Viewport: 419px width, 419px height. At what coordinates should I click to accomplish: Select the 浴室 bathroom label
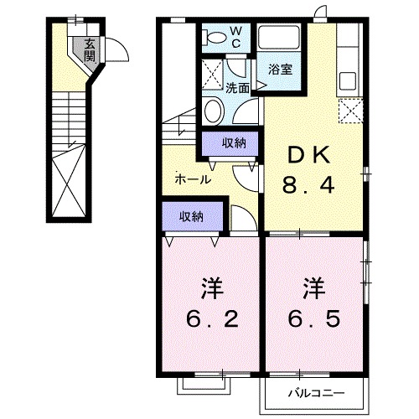pos(281,70)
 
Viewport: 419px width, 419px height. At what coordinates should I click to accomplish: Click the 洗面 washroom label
pos(237,86)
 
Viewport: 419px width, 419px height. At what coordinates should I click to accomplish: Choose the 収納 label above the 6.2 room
pos(191,216)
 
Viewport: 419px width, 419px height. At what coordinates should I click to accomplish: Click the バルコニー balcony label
pos(318,391)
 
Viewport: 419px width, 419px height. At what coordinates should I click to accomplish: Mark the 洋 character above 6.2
pos(211,287)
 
